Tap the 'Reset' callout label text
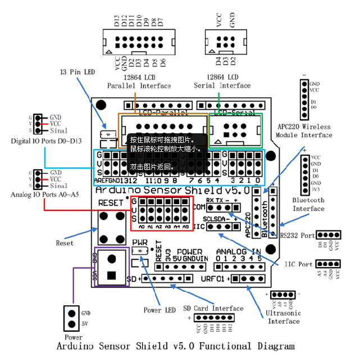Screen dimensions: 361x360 click(x=65, y=243)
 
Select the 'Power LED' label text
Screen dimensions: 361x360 click(x=160, y=310)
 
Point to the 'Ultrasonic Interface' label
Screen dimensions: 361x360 click(x=284, y=317)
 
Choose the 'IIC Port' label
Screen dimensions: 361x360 click(x=298, y=264)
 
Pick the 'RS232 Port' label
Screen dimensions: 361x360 click(x=298, y=236)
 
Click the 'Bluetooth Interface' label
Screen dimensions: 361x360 click(x=308, y=204)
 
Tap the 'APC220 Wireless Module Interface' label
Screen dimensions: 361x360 click(x=304, y=130)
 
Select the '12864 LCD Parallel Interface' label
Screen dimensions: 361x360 click(x=139, y=81)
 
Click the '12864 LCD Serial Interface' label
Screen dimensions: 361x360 click(x=222, y=81)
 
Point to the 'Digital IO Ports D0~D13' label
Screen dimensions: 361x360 click(x=43, y=141)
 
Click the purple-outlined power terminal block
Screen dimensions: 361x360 click(x=112, y=267)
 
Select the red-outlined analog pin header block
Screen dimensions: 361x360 click(x=162, y=213)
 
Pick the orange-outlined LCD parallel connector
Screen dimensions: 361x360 click(x=163, y=130)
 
